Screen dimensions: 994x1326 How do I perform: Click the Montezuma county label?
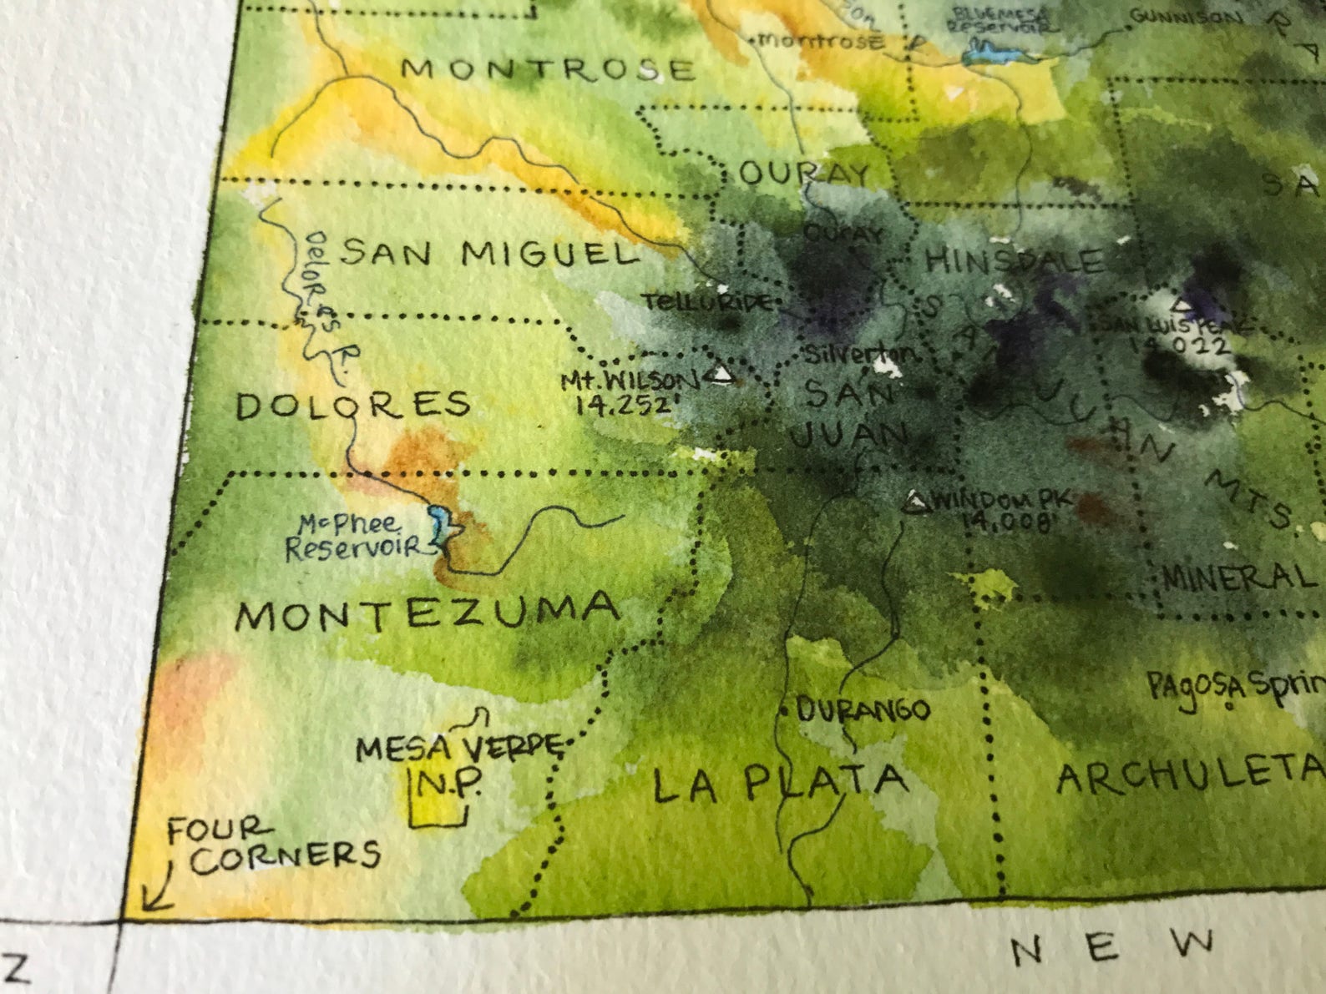click(x=428, y=613)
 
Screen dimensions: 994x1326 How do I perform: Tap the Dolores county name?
click(x=353, y=406)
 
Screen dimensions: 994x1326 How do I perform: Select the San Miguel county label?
click(x=489, y=254)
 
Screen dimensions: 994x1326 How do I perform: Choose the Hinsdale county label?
click(x=1013, y=261)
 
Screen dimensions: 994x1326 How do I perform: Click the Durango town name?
click(x=862, y=710)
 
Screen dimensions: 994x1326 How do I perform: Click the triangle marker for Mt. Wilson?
click(x=721, y=375)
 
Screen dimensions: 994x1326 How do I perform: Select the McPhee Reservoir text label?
click(x=352, y=537)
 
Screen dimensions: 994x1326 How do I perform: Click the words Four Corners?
click(x=271, y=845)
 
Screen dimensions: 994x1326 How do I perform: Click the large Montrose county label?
click(x=547, y=68)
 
